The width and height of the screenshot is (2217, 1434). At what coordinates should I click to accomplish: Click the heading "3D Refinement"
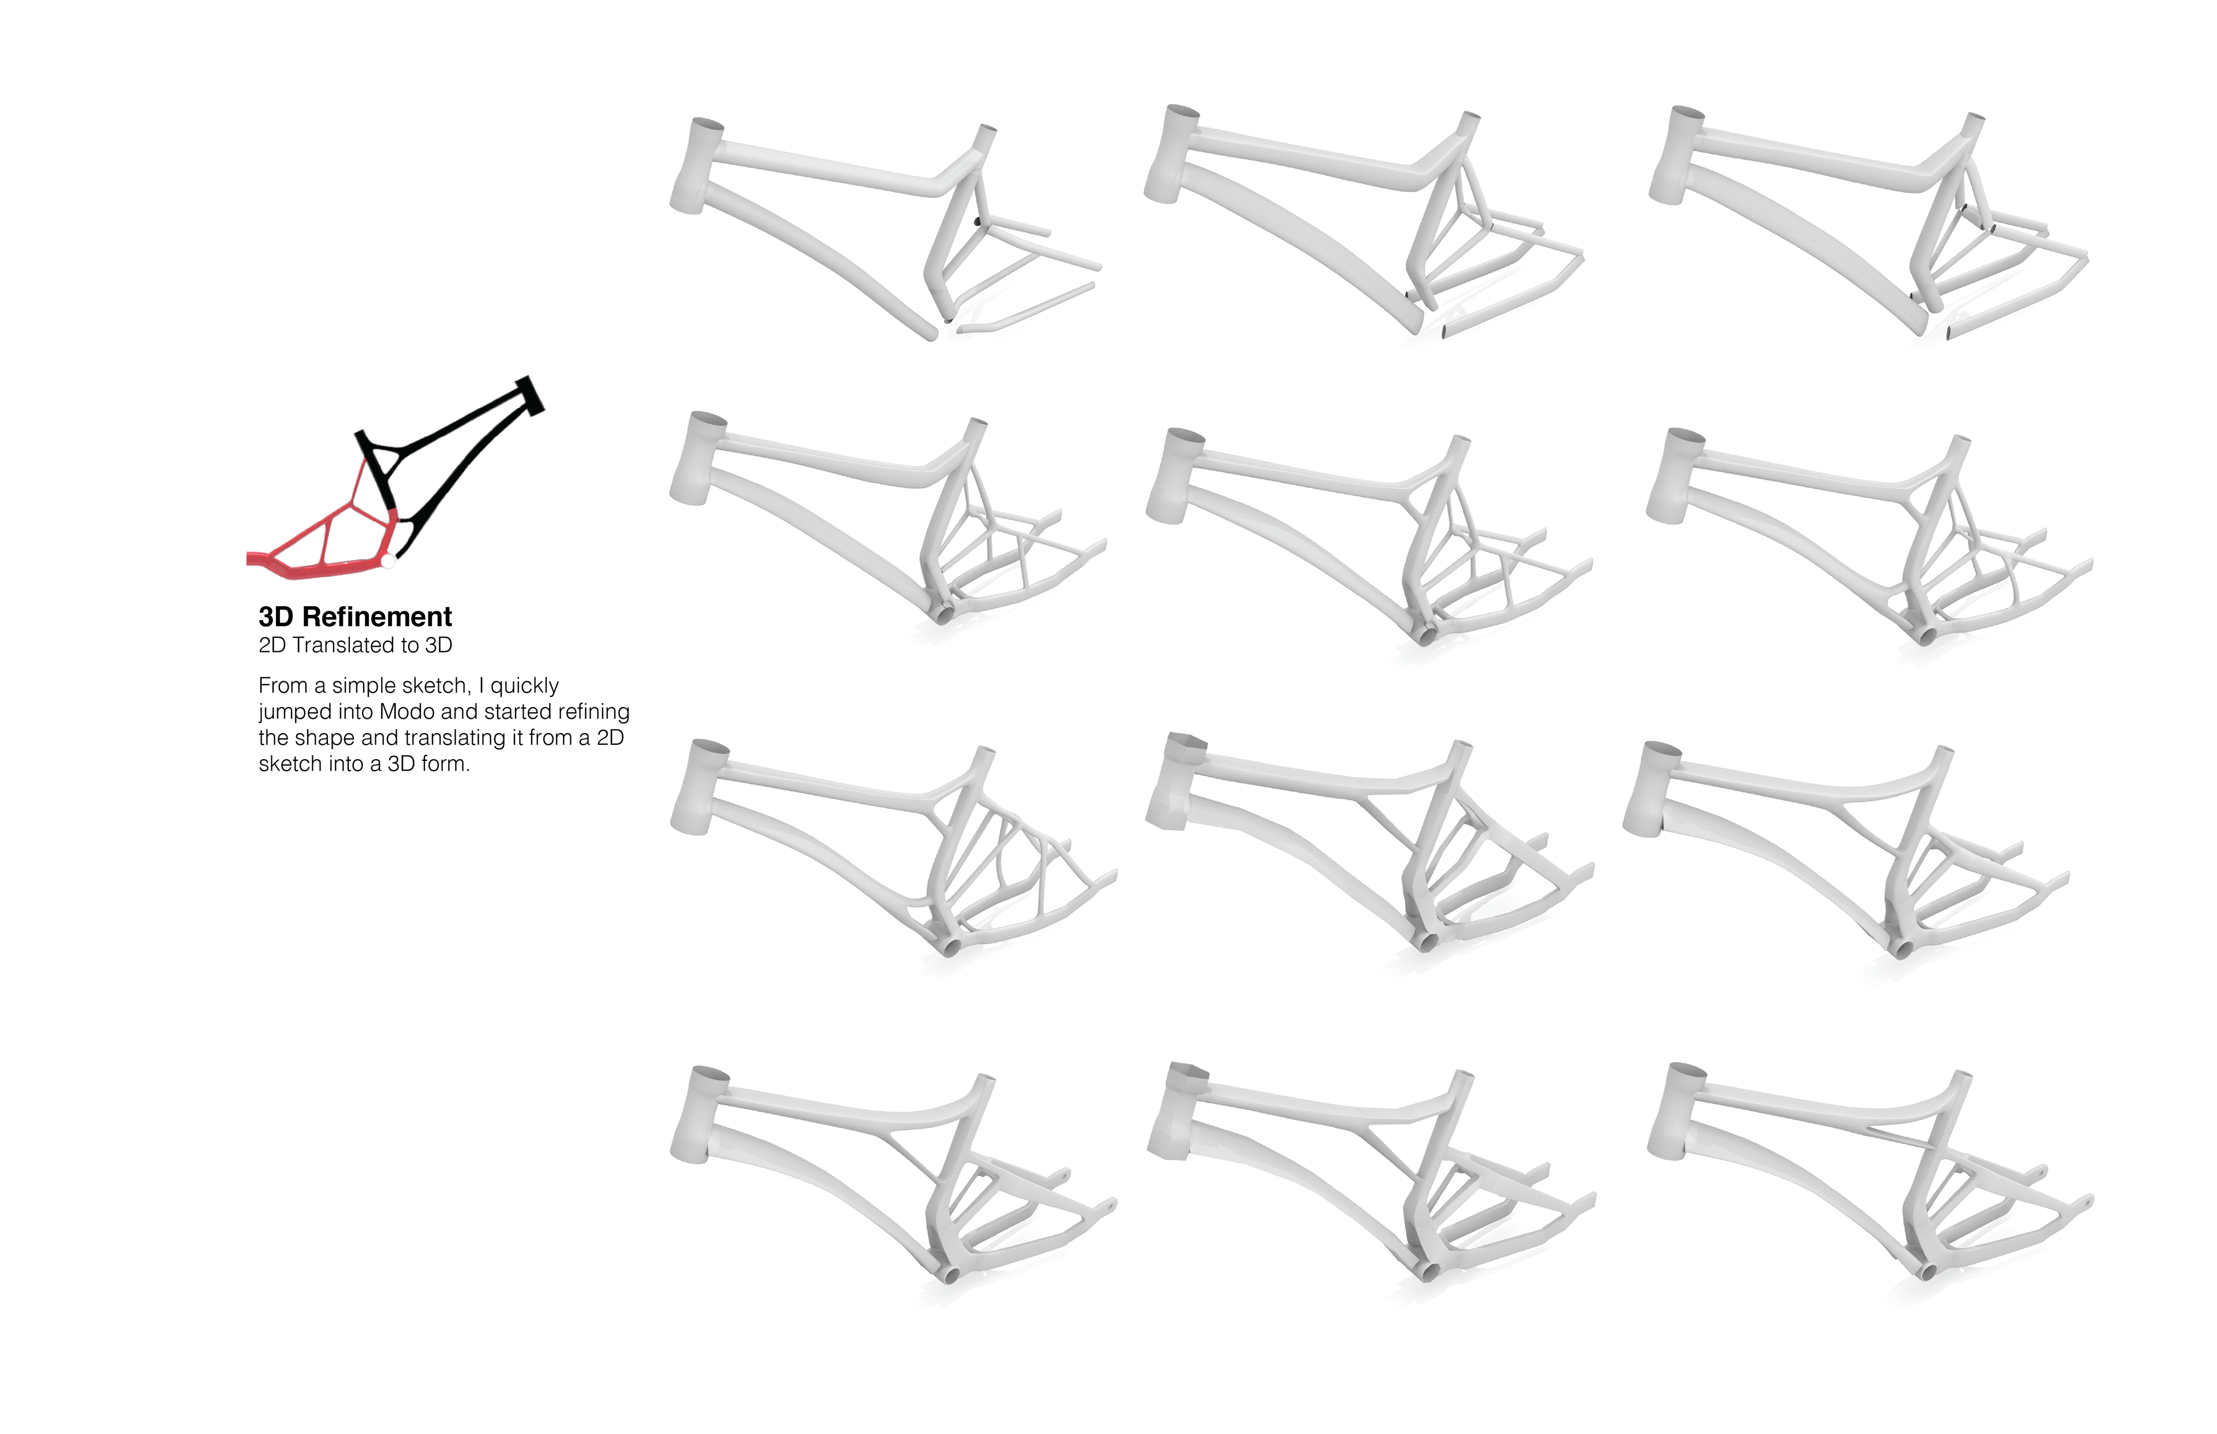[x=354, y=617]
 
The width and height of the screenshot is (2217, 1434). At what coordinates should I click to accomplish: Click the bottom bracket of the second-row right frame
[x=1924, y=637]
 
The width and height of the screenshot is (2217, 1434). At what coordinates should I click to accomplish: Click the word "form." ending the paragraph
[x=445, y=764]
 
